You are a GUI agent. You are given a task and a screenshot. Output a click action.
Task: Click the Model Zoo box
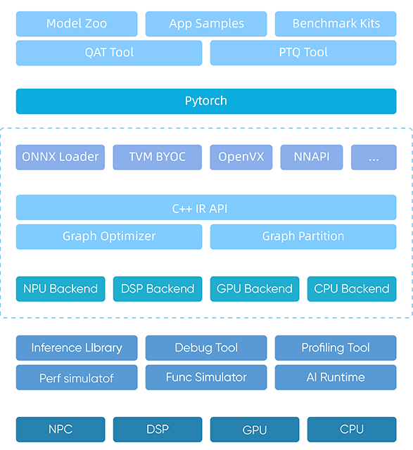[77, 24]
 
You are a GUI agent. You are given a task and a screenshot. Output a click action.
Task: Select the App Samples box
[206, 24]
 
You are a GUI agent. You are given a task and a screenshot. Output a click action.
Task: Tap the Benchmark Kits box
[336, 24]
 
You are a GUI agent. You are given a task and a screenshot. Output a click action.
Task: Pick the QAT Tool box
[109, 53]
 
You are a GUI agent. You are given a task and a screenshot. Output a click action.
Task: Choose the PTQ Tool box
[303, 53]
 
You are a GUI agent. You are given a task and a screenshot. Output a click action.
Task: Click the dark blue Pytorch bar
[206, 101]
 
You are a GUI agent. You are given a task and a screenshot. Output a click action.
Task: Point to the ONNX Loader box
[61, 157]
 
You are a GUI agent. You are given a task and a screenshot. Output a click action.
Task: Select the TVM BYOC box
[158, 157]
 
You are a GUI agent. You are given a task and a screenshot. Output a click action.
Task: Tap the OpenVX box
[241, 157]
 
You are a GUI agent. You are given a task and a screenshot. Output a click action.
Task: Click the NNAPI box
[312, 157]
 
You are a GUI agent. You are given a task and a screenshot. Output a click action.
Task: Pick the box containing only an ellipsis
[374, 157]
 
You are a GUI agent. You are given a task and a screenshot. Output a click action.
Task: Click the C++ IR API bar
[206, 207]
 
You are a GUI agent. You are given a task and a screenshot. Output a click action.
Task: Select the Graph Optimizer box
[109, 237]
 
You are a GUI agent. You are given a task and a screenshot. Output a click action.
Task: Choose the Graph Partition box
[303, 237]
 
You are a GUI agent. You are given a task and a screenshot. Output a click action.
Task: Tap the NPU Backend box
[61, 289]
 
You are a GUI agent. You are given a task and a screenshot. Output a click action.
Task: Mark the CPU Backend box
[352, 289]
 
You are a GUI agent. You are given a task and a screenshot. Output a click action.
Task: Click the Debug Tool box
[206, 348]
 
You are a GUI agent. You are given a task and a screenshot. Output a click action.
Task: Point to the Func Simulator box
[206, 378]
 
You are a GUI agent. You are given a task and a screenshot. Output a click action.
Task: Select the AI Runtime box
[336, 378]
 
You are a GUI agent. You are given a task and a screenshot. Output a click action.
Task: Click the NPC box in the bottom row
[61, 430]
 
